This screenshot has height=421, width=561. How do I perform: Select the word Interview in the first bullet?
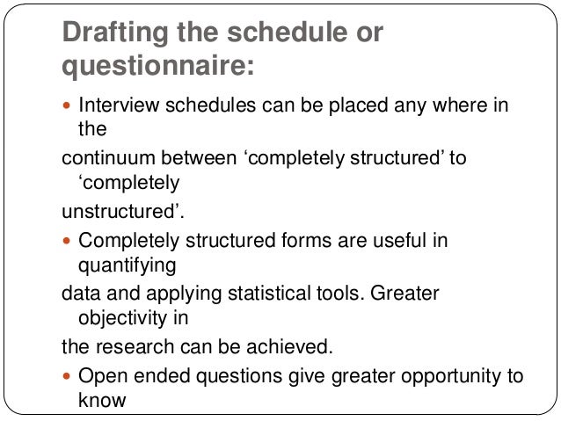[113, 108]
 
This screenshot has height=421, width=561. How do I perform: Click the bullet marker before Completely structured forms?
[67, 240]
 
